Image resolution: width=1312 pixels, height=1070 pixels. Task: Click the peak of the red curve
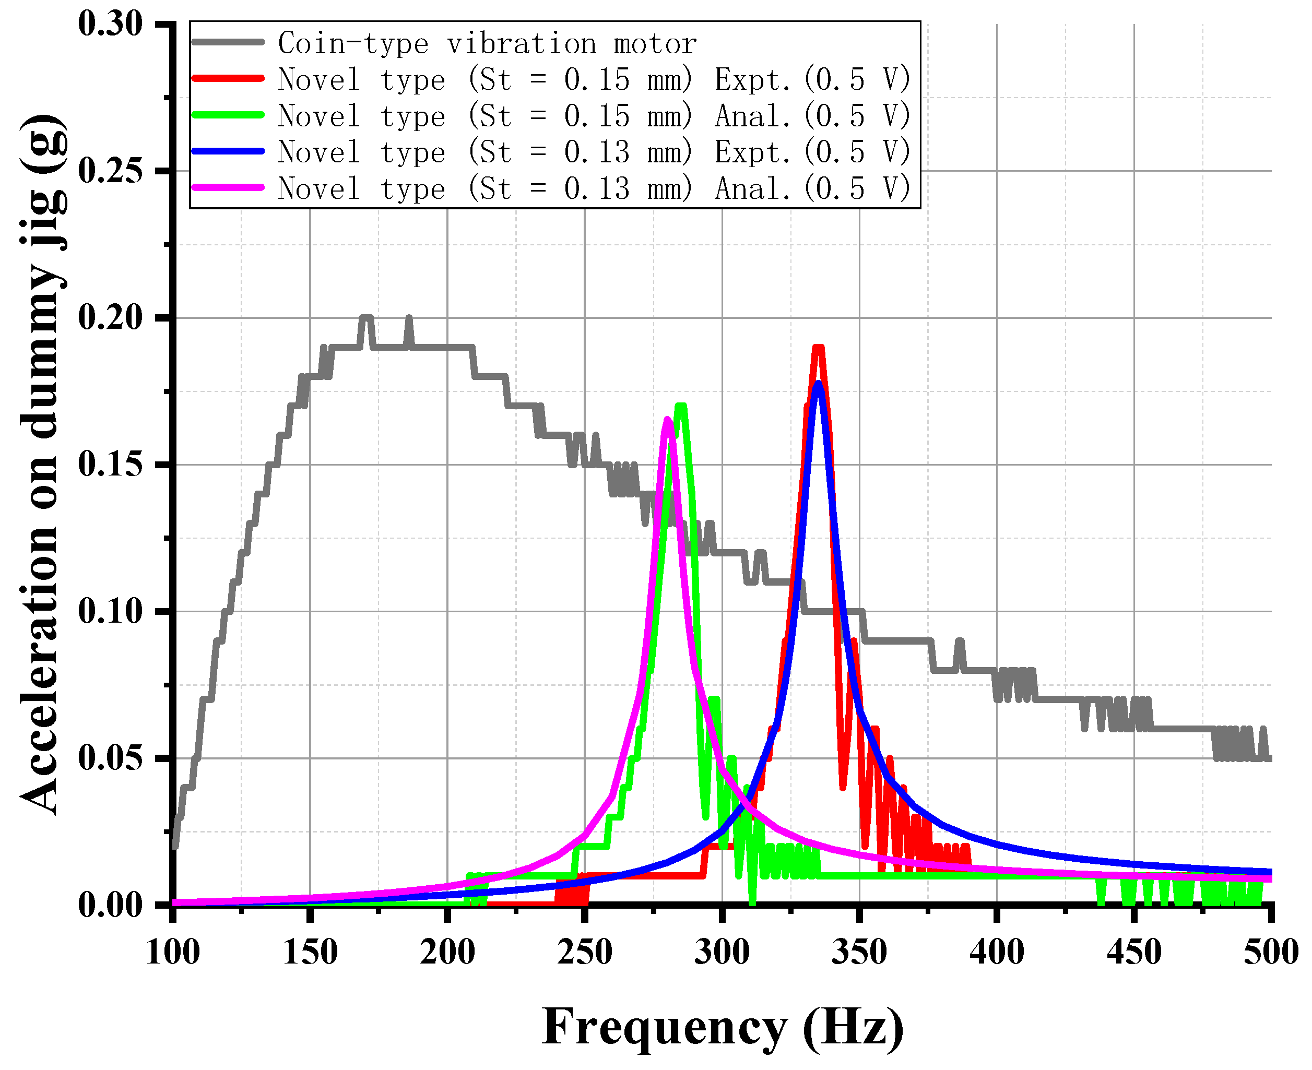click(818, 348)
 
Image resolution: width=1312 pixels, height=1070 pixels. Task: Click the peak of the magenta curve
click(668, 419)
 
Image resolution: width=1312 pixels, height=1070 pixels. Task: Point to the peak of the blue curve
click(818, 384)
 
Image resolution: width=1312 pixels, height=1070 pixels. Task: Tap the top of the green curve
click(681, 406)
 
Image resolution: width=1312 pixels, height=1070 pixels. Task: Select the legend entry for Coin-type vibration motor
click(487, 44)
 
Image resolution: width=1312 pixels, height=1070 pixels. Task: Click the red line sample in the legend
click(228, 79)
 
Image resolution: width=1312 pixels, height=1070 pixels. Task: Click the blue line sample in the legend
click(228, 151)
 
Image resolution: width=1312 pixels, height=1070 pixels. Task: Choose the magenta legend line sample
click(228, 187)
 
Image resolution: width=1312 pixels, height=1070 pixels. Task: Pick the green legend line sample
click(228, 115)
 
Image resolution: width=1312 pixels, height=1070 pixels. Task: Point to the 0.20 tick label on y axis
click(110, 317)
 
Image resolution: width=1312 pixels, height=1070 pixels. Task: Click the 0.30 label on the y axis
click(110, 24)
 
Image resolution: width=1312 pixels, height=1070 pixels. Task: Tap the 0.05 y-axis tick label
click(110, 758)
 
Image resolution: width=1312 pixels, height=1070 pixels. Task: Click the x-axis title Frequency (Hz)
click(723, 1026)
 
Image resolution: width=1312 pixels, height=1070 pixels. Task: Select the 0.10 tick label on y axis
click(110, 611)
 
